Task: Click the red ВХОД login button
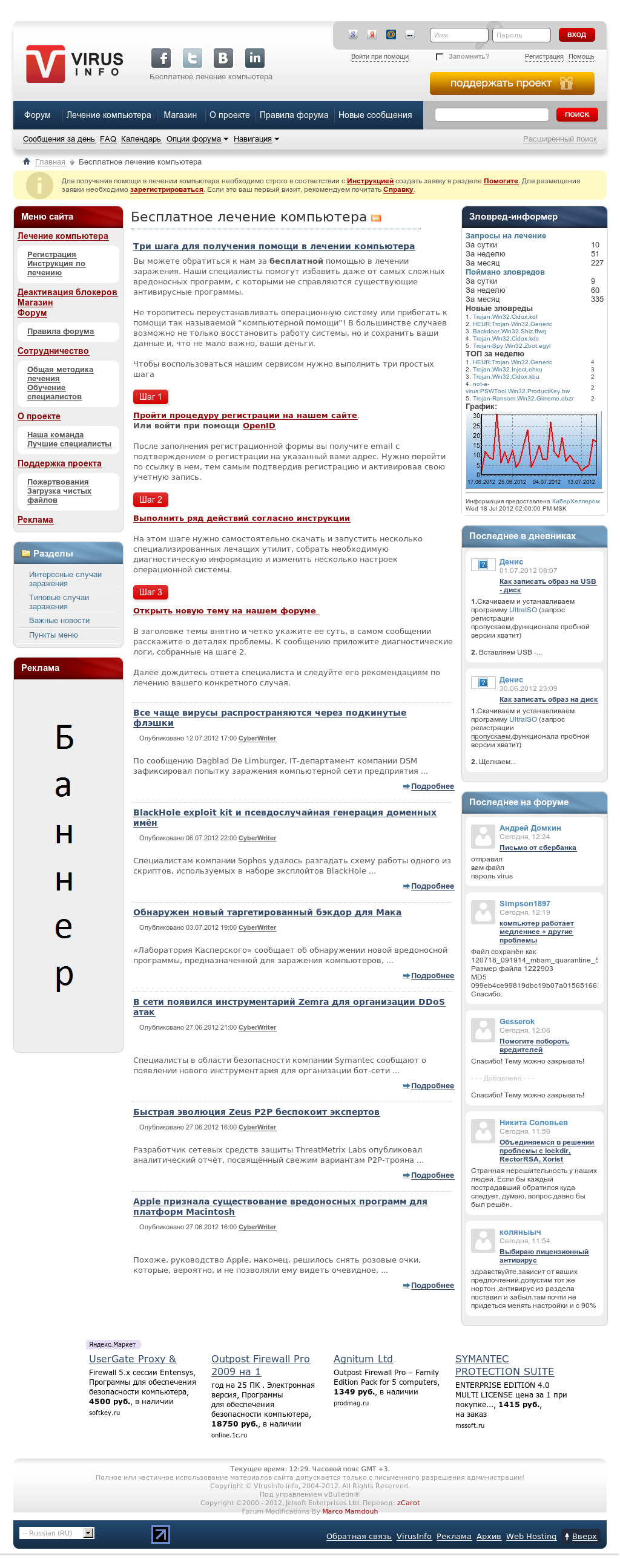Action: point(576,35)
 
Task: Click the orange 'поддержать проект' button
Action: point(512,83)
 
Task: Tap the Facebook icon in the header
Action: point(161,58)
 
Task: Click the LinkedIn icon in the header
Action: point(255,58)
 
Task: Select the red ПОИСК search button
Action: point(576,115)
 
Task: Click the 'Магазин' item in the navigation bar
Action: point(180,115)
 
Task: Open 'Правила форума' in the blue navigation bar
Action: point(294,115)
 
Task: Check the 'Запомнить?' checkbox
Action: point(440,57)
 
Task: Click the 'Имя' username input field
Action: point(458,35)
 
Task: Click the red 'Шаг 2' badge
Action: point(150,500)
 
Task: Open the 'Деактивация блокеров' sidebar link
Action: point(67,292)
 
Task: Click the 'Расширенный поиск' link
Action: point(559,139)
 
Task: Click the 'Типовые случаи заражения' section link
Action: point(59,602)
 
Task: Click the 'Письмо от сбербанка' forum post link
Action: point(538,848)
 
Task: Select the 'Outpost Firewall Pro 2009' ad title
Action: point(260,1365)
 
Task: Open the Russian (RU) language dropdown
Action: point(57,1533)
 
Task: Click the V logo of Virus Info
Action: point(45,64)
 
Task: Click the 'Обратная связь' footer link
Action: point(358,1536)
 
